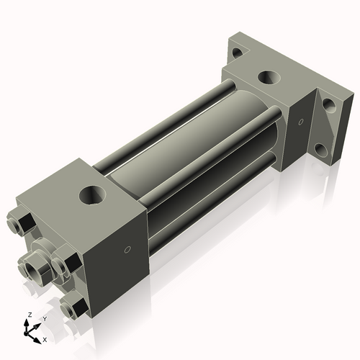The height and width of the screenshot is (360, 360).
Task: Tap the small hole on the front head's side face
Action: tap(127, 251)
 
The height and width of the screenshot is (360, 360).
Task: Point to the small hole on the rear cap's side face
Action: tap(302, 120)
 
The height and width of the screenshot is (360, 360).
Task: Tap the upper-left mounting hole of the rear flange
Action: tap(235, 52)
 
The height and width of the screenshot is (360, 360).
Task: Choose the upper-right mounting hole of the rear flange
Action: tap(330, 105)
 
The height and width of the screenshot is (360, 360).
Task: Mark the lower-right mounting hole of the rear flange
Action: tap(320, 152)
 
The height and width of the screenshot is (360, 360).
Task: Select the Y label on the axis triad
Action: tap(44, 318)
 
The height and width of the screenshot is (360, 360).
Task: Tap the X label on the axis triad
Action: tap(45, 338)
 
